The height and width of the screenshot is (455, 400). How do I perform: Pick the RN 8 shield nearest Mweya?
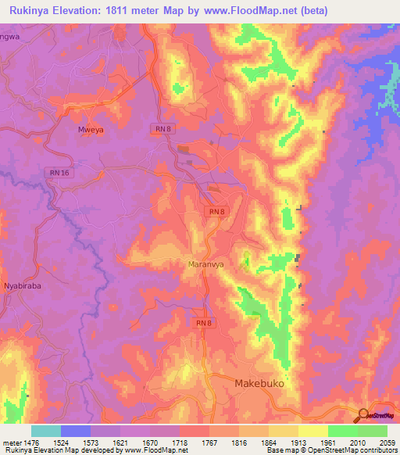pos(161,128)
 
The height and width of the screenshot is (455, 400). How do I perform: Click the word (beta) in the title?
pos(308,10)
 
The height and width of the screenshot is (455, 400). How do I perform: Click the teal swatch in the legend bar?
pos(46,431)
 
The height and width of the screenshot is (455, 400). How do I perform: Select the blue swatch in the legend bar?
pos(76,431)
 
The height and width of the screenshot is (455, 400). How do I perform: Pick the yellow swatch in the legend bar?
pos(312,431)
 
